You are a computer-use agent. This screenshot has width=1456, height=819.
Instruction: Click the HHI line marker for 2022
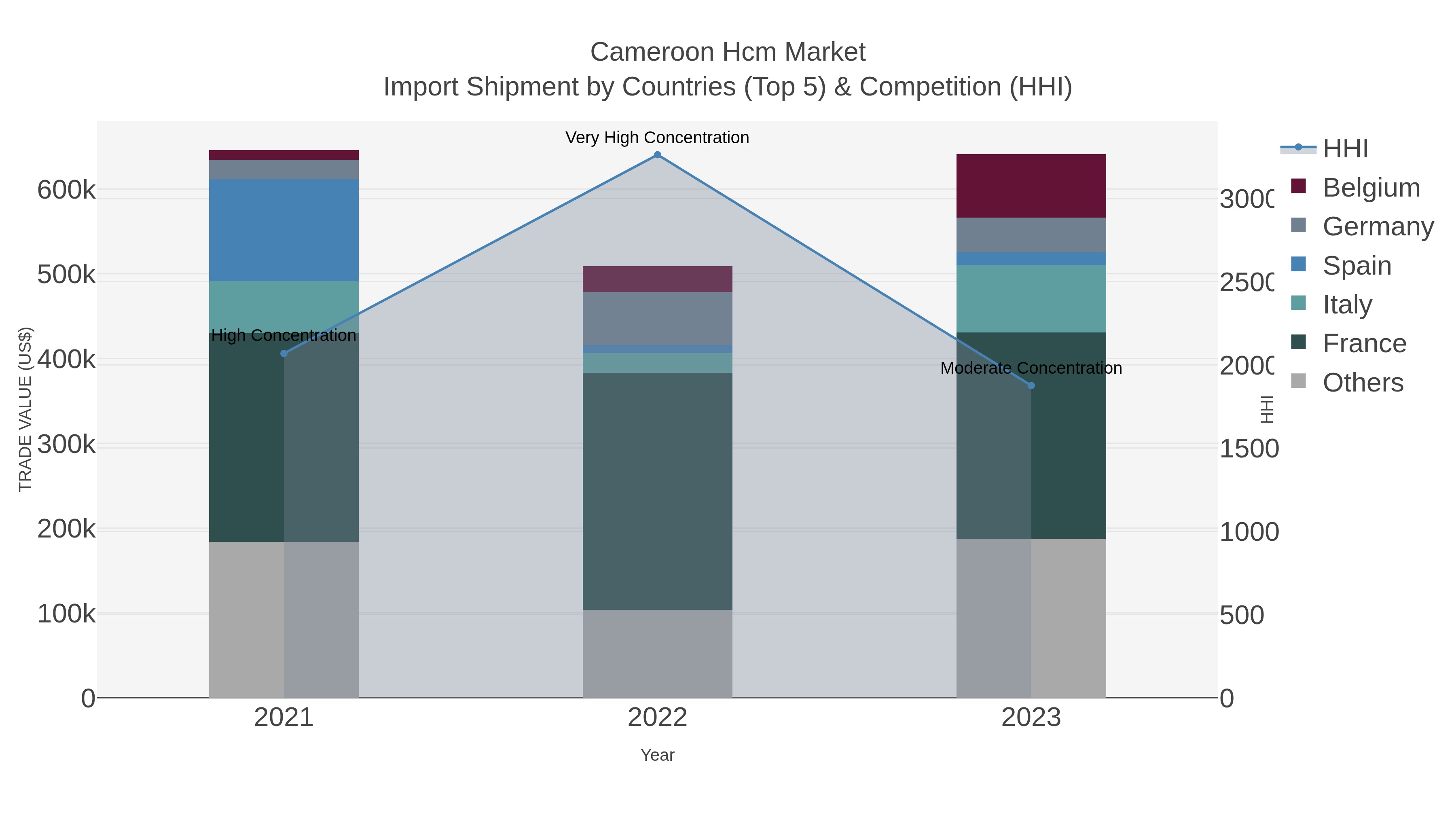point(657,155)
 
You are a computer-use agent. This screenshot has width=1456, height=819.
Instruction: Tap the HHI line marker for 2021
point(284,354)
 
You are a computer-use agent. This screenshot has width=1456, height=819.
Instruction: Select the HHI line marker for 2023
point(1031,385)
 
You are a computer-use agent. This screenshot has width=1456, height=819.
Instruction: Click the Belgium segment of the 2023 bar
point(1031,186)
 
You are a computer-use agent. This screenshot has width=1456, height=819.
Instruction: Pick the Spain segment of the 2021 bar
point(284,230)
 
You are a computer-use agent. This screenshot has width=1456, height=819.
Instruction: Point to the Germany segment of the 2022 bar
point(657,318)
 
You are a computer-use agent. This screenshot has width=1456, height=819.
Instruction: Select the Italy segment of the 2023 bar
point(1031,298)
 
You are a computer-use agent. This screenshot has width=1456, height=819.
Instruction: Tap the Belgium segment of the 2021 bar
point(284,155)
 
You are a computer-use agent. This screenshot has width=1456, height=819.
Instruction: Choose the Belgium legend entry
point(1371,188)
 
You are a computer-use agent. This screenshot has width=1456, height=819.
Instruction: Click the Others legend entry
point(1363,383)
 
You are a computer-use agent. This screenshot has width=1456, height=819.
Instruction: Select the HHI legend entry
point(1345,149)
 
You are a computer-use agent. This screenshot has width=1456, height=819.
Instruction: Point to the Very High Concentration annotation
point(657,138)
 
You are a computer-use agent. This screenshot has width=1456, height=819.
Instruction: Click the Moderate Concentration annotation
point(1031,368)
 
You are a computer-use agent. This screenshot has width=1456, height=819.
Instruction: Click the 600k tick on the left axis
point(66,190)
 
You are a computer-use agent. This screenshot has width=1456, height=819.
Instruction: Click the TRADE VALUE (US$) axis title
point(25,409)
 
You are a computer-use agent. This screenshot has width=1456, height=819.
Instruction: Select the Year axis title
point(657,755)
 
